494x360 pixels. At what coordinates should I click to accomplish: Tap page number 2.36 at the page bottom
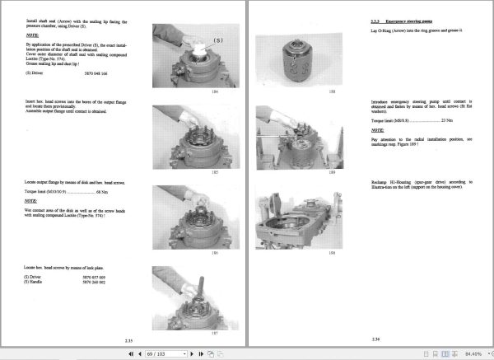375,339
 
